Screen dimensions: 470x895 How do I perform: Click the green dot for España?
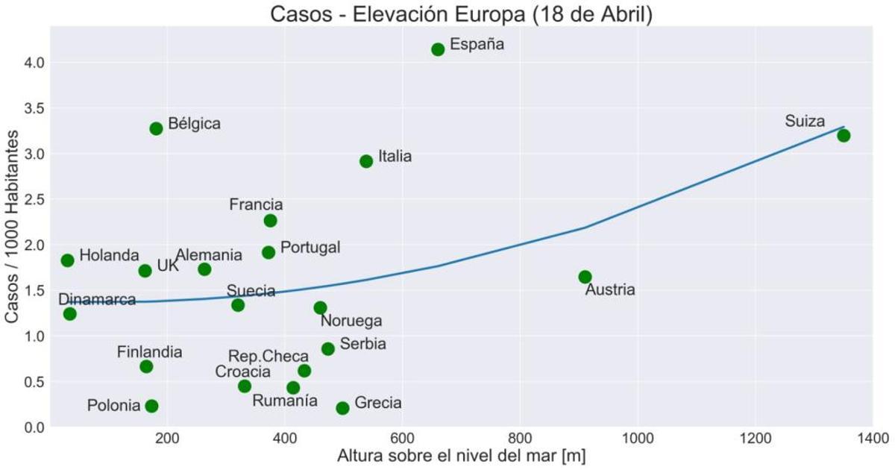tap(438, 49)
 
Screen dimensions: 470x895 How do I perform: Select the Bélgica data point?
tap(156, 128)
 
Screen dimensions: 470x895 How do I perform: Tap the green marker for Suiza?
tap(844, 135)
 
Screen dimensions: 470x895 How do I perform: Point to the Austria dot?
tap(585, 277)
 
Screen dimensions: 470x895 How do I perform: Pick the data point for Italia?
tap(366, 161)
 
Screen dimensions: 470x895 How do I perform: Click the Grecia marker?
tap(342, 408)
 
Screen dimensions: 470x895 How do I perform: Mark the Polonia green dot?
tap(151, 406)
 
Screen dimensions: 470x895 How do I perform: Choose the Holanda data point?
tap(68, 260)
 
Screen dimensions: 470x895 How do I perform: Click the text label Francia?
tap(256, 204)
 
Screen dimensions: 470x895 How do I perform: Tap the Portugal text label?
tap(310, 247)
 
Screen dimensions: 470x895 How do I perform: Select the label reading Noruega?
tap(351, 321)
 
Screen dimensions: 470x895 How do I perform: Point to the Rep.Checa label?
tap(268, 357)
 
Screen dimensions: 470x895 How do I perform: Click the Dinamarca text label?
tap(97, 300)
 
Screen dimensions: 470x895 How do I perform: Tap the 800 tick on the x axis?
tap(520, 437)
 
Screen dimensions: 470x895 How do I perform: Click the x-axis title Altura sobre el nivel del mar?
tap(461, 455)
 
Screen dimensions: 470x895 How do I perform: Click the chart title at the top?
tap(461, 14)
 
